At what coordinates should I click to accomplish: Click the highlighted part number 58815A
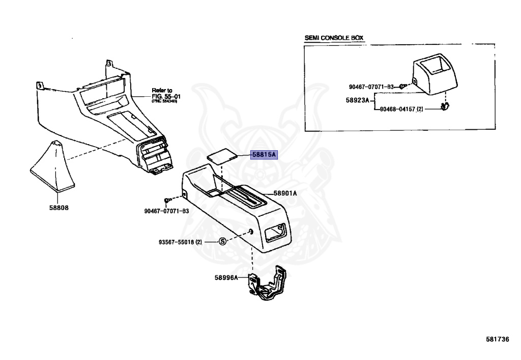pos(264,155)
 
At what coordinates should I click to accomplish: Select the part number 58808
pos(59,208)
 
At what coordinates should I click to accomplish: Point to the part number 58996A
pos(226,278)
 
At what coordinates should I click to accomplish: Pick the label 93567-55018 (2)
pos(180,242)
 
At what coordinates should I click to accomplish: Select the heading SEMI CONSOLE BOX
pos(334,38)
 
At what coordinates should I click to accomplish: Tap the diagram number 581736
pos(497,339)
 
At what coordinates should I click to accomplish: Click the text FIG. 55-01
pos(166,96)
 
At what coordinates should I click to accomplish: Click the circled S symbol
pos(222,242)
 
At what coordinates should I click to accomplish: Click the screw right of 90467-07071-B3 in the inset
pos(401,86)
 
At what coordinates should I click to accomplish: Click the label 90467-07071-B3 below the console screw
pos(166,211)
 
